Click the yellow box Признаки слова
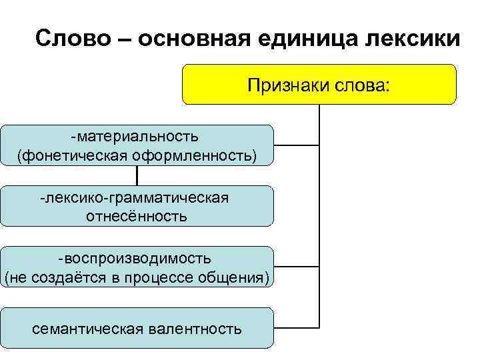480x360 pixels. coord(319,85)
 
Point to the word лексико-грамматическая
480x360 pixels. coord(136,197)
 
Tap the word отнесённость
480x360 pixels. coord(137,216)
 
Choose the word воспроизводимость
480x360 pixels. coord(138,258)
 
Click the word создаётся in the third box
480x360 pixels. coord(70,277)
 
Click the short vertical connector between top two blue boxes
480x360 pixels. coord(137,175)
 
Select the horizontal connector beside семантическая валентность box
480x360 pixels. coord(297,329)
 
